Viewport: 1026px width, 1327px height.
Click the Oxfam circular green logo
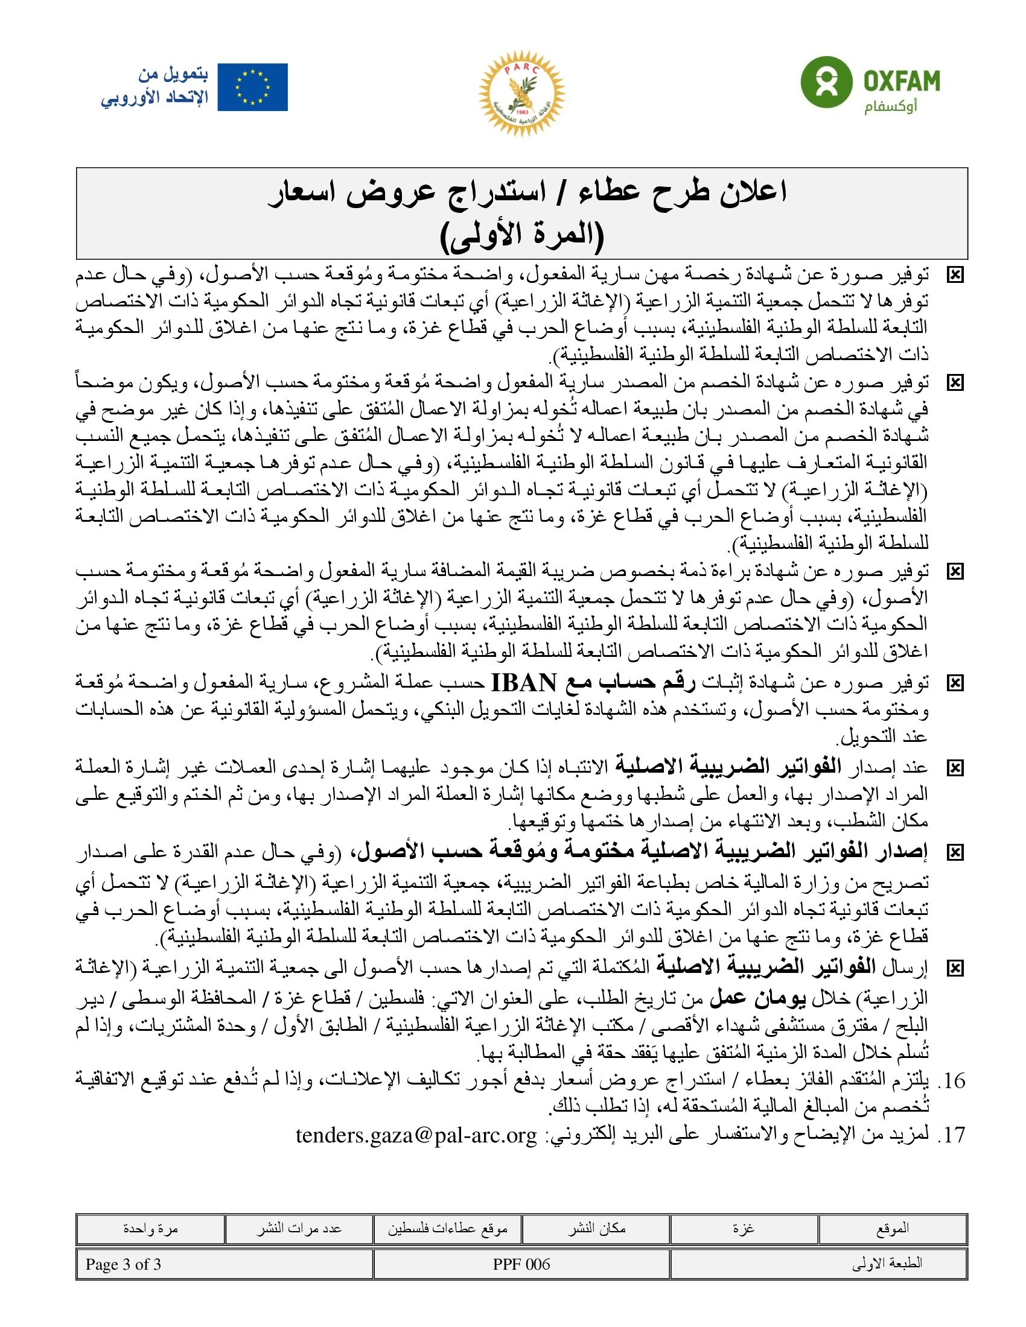point(825,82)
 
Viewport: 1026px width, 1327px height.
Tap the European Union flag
point(252,87)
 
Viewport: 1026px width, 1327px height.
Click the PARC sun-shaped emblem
point(521,93)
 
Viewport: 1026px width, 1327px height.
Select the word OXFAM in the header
point(902,81)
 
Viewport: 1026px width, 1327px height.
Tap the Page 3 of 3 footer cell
point(123,1264)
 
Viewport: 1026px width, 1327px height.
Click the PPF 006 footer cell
point(521,1264)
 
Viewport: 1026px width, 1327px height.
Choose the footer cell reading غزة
point(744,1229)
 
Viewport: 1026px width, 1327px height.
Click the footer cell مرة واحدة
point(150,1229)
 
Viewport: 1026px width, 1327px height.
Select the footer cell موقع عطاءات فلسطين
point(447,1229)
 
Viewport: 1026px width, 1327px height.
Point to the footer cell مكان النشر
point(596,1229)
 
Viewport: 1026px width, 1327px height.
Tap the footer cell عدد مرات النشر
point(298,1229)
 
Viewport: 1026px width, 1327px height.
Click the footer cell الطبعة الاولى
point(887,1264)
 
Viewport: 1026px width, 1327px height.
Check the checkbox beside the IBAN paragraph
point(955,684)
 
